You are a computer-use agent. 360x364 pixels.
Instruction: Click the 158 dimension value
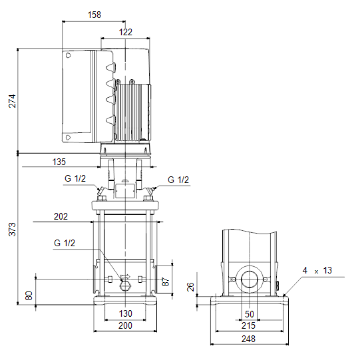coord(94,15)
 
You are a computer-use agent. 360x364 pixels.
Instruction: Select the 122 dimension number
coord(126,32)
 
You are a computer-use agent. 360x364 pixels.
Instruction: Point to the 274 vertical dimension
coord(12,101)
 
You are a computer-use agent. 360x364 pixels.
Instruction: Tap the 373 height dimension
coord(12,230)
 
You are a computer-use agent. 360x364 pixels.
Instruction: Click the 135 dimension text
coord(59,162)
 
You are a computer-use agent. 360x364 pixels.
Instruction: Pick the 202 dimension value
coord(61,216)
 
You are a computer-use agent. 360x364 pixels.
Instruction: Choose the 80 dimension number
coord(29,295)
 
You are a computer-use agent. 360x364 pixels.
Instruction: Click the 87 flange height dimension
coord(165,282)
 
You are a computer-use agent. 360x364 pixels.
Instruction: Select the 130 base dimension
coord(126,313)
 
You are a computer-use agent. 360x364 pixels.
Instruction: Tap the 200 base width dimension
coord(125,325)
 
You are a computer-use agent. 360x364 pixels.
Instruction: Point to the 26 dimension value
coord(190,287)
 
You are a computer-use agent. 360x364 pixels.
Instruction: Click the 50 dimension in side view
coord(250,314)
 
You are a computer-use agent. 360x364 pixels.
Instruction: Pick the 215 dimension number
coord(248,325)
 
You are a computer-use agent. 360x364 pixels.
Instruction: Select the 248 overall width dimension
coord(248,339)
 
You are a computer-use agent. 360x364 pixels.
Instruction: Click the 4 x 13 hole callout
coord(317,270)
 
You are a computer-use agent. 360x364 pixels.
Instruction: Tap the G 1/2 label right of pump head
coord(178,180)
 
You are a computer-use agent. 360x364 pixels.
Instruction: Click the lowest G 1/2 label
coord(65,243)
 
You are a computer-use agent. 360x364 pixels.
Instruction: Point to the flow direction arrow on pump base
coord(126,276)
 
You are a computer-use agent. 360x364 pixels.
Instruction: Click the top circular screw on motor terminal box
coord(69,55)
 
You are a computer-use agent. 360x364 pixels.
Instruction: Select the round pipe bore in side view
coord(250,279)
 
